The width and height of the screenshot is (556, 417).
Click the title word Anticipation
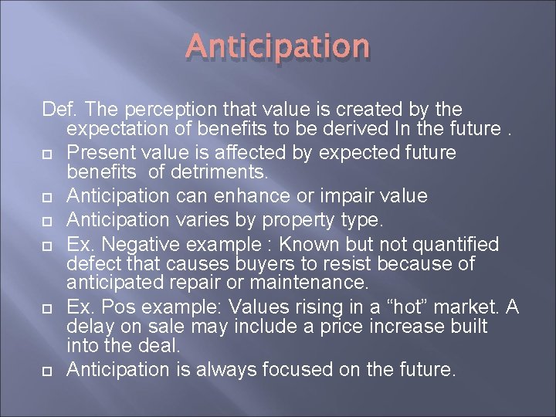click(276, 47)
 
